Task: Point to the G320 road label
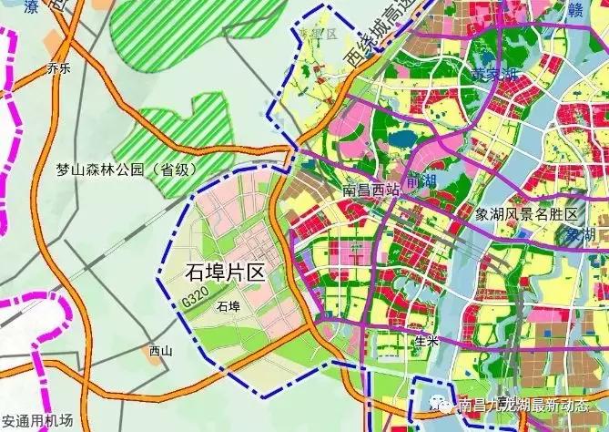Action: click(x=193, y=299)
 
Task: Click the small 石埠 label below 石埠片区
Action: click(x=228, y=307)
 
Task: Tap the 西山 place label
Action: click(x=160, y=350)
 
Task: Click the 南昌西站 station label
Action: click(x=370, y=191)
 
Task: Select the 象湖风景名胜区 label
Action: click(x=526, y=213)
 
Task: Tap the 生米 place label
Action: click(x=426, y=341)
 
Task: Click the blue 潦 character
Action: click(x=34, y=7)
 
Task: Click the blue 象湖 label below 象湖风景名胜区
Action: click(x=579, y=235)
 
